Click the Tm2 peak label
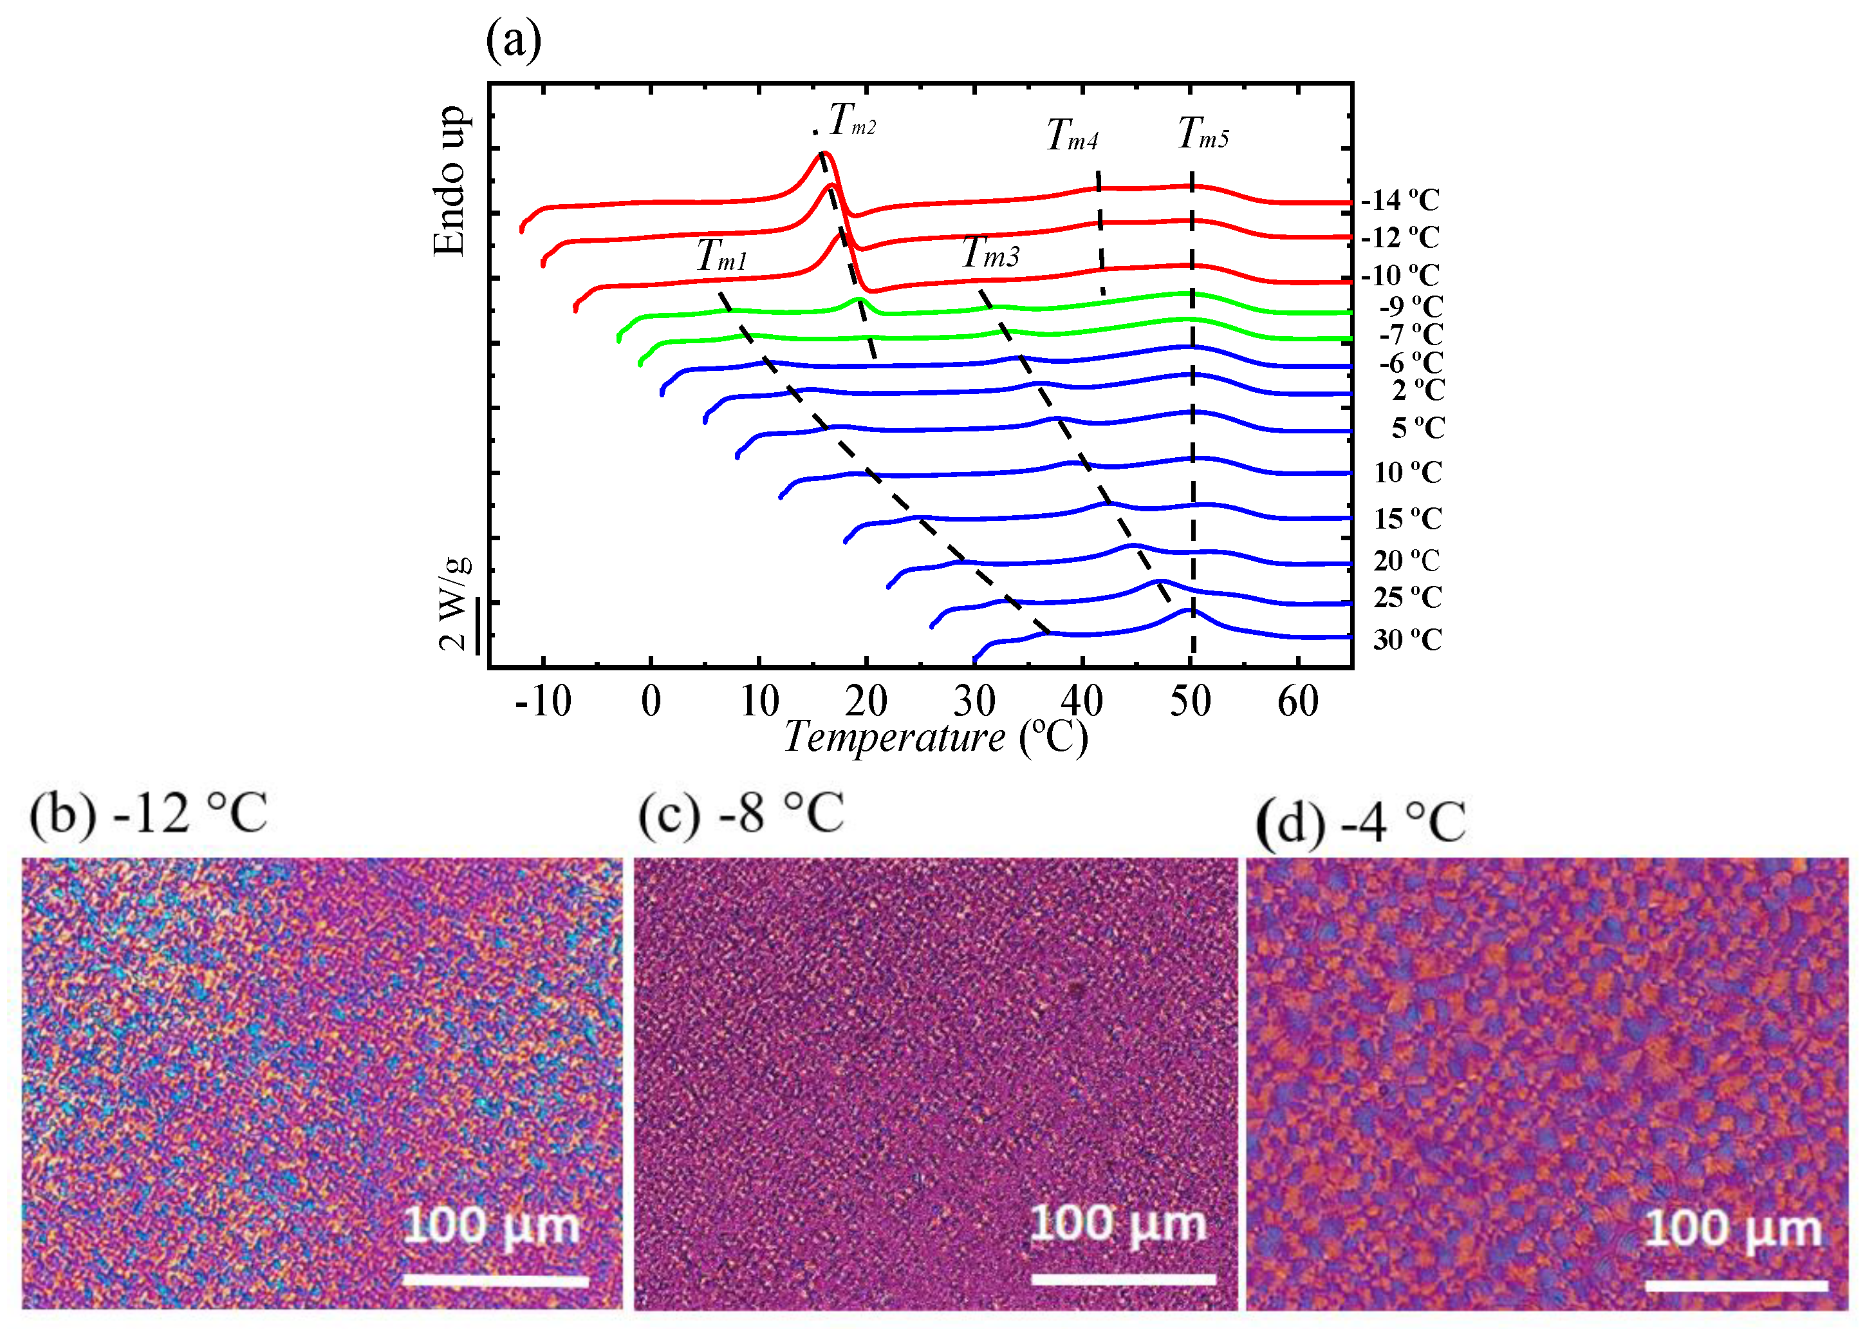852,120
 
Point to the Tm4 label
1072,136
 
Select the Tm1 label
721,256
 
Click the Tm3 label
990,253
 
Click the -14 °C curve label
1400,200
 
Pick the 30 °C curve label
1407,639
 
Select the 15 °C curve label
1407,518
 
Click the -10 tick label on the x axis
543,701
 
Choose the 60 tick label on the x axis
1298,701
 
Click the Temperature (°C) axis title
936,737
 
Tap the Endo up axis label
450,182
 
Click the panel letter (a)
514,41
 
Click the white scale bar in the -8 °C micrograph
1123,1279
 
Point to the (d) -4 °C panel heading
1360,822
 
